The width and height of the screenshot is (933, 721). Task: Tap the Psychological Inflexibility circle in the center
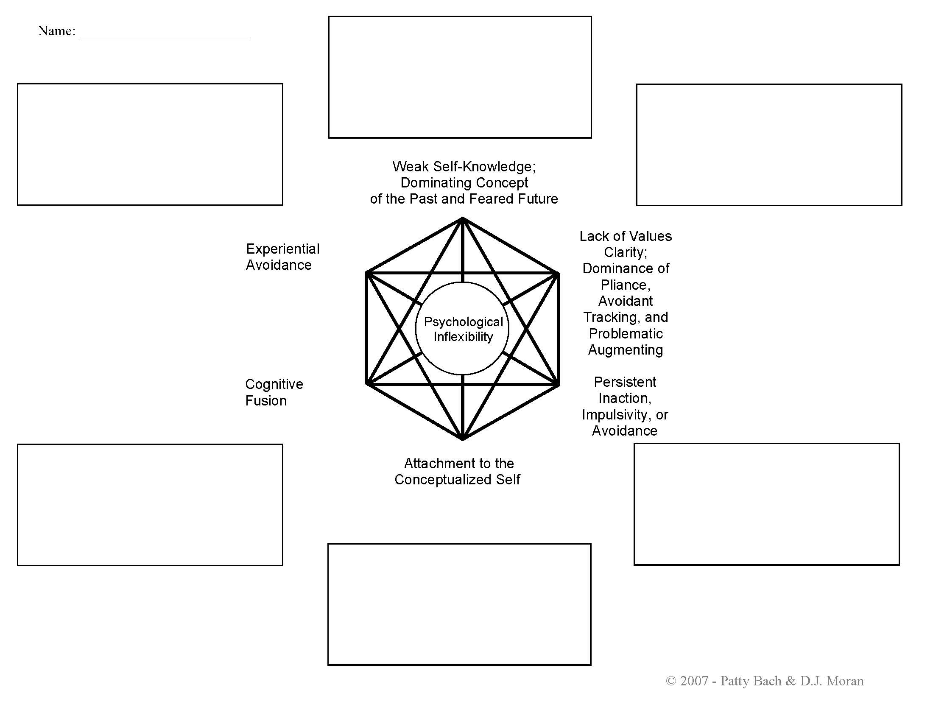point(463,328)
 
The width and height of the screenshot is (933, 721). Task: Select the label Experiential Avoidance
point(282,257)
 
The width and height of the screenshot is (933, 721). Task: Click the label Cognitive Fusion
point(274,392)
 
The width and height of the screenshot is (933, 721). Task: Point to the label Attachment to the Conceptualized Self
point(458,471)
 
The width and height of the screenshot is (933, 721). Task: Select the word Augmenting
point(626,349)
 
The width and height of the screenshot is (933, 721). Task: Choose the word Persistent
point(625,382)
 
